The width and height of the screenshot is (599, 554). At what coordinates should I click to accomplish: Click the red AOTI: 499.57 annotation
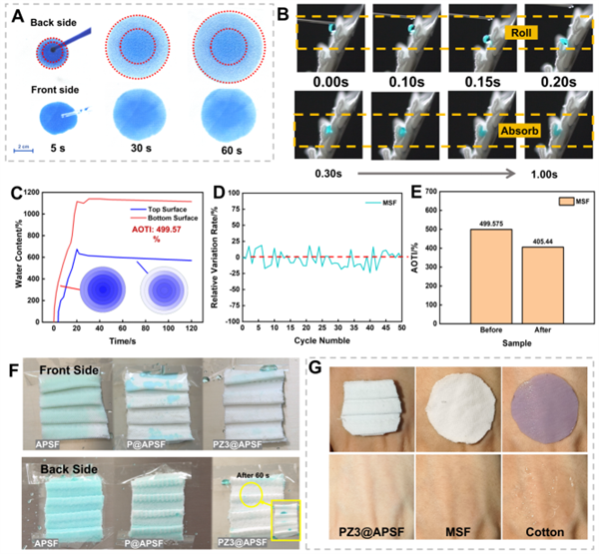[x=165, y=231]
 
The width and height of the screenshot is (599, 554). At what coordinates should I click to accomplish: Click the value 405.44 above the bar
[x=543, y=240]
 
